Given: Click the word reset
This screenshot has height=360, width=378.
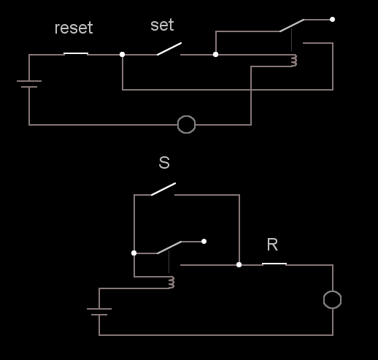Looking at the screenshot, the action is click(x=74, y=28).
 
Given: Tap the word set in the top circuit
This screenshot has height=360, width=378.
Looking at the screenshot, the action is click(x=162, y=25).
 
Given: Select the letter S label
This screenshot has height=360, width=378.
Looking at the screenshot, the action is click(x=164, y=163).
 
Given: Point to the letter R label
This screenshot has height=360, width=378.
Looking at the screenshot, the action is click(x=272, y=245).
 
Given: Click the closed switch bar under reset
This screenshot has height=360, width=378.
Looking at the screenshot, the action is click(x=76, y=53).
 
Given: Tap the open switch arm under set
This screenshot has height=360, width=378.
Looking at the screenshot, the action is click(x=169, y=49).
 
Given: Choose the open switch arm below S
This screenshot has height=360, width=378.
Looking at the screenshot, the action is click(x=163, y=189).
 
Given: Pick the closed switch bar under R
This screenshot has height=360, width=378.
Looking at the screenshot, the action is click(x=274, y=264).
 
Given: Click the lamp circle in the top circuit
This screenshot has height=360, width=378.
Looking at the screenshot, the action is click(x=186, y=116).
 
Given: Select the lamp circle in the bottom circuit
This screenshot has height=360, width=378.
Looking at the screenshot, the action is click(x=332, y=291).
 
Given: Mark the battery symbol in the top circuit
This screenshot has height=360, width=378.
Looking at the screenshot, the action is click(x=29, y=84).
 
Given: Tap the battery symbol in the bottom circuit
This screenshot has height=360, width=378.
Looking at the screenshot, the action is click(x=99, y=312).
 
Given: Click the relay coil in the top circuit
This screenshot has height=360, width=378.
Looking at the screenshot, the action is click(x=294, y=61).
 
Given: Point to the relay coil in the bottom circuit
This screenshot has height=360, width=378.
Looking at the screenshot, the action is click(x=171, y=283).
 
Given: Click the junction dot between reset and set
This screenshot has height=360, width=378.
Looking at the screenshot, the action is click(x=123, y=55).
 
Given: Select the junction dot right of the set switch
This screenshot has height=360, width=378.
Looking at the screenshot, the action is click(x=215, y=55).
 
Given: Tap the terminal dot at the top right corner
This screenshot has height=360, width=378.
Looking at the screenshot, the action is click(x=332, y=20).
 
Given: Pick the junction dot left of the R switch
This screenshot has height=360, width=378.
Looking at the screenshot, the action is click(x=239, y=265).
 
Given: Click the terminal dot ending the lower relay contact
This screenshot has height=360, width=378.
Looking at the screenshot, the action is click(x=204, y=242).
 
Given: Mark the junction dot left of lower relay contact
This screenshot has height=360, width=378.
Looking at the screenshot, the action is click(x=134, y=253).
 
